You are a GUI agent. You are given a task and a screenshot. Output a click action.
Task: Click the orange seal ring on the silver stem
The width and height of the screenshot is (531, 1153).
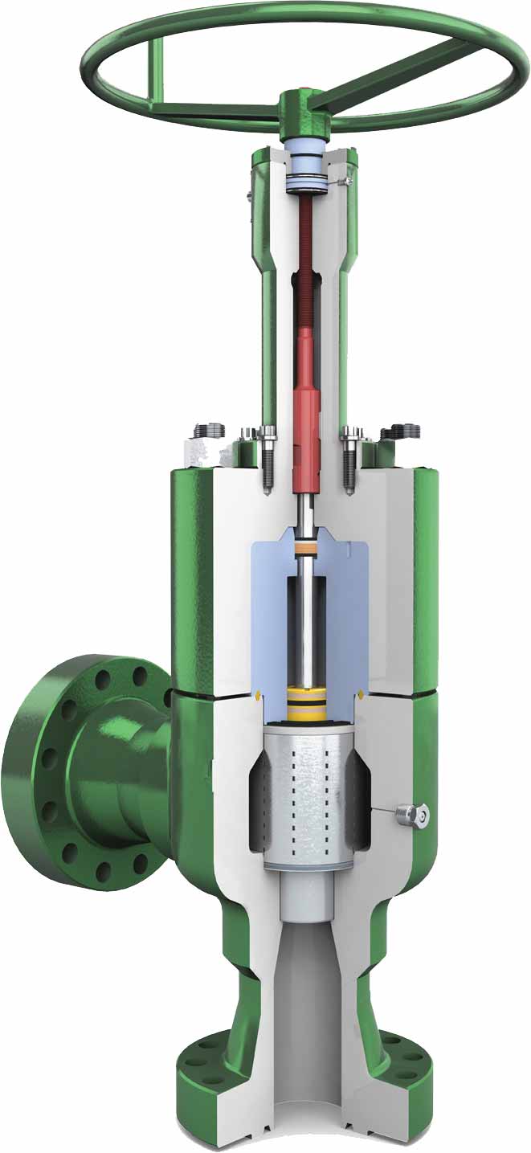pos(306,550)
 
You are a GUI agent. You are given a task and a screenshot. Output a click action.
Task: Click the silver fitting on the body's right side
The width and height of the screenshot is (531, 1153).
pos(415,816)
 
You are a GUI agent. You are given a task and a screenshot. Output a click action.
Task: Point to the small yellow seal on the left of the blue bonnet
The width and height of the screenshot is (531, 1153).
pos(255,694)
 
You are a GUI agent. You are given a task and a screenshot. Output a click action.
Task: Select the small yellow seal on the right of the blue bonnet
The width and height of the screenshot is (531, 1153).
pos(364,693)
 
